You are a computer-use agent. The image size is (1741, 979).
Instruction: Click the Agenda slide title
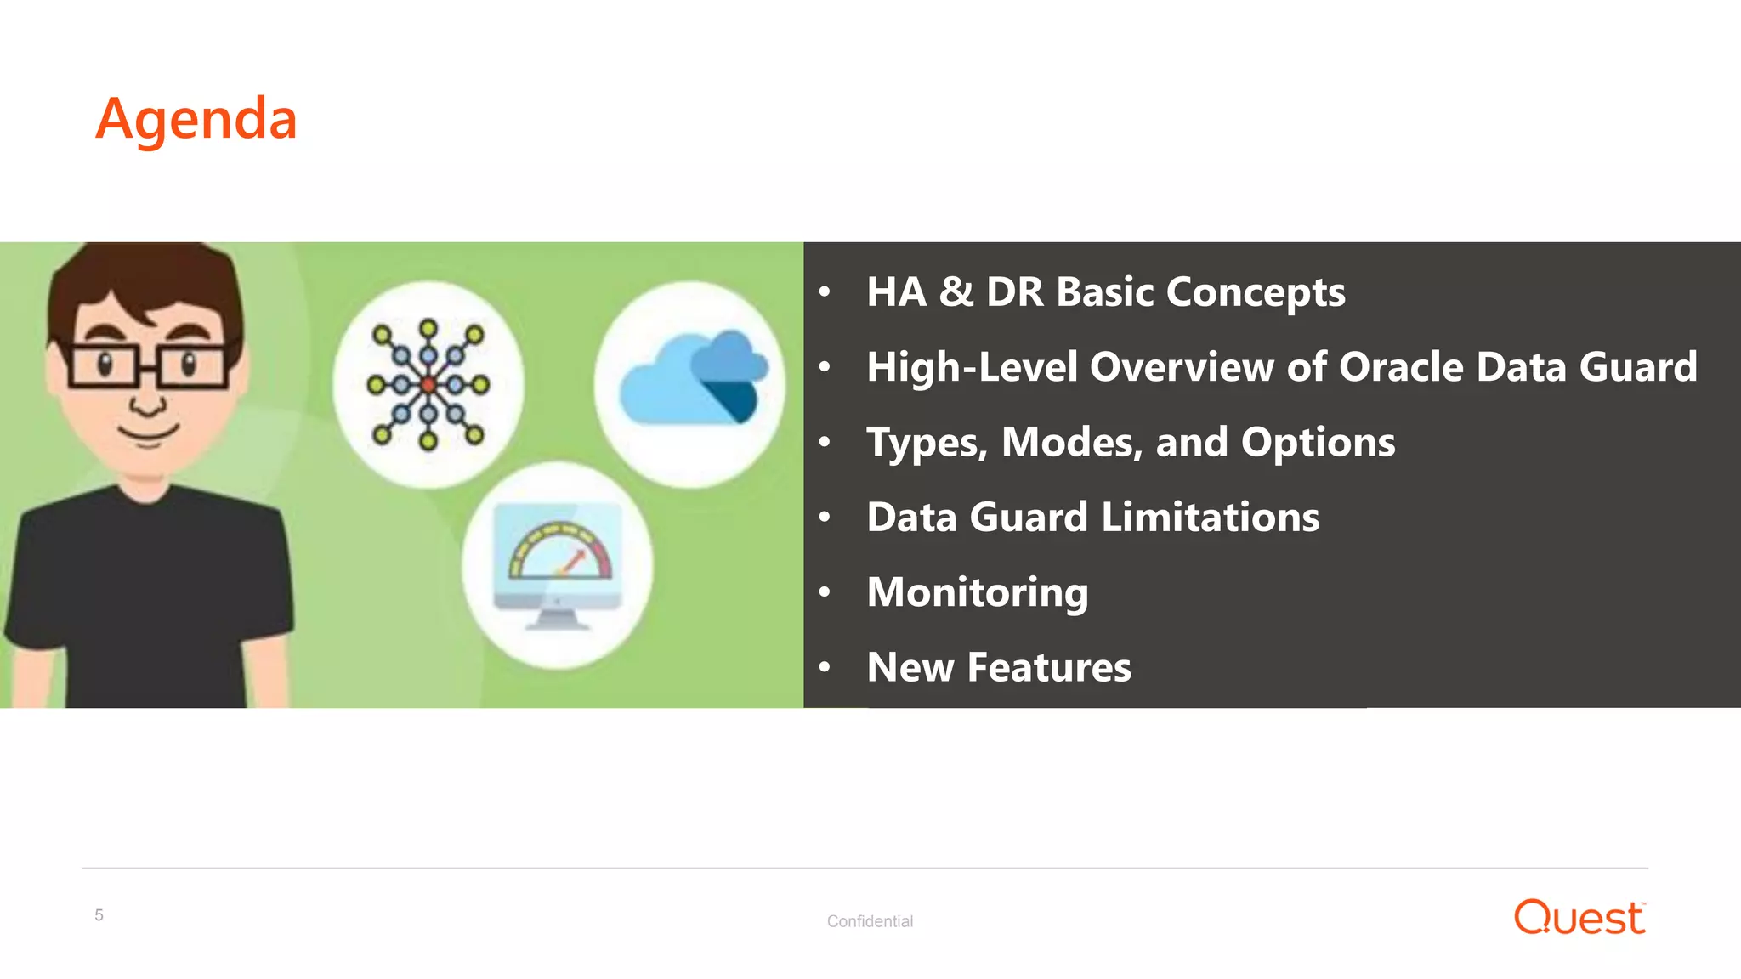(x=196, y=119)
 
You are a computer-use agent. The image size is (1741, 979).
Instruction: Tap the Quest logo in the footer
(x=1579, y=918)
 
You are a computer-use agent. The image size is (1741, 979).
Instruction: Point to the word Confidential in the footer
(x=870, y=921)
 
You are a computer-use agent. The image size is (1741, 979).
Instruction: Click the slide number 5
(x=99, y=915)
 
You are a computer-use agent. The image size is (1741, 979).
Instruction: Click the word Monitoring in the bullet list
(x=978, y=592)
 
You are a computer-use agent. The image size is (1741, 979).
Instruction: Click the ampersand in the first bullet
(x=956, y=291)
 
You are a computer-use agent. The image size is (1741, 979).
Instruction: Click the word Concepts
(x=1256, y=293)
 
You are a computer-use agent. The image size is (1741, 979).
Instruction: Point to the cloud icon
(x=692, y=381)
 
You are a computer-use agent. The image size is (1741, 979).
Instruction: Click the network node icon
(x=428, y=385)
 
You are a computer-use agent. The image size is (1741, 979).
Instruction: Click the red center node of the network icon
(x=428, y=385)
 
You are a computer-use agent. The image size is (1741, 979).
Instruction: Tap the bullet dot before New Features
(x=824, y=667)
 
